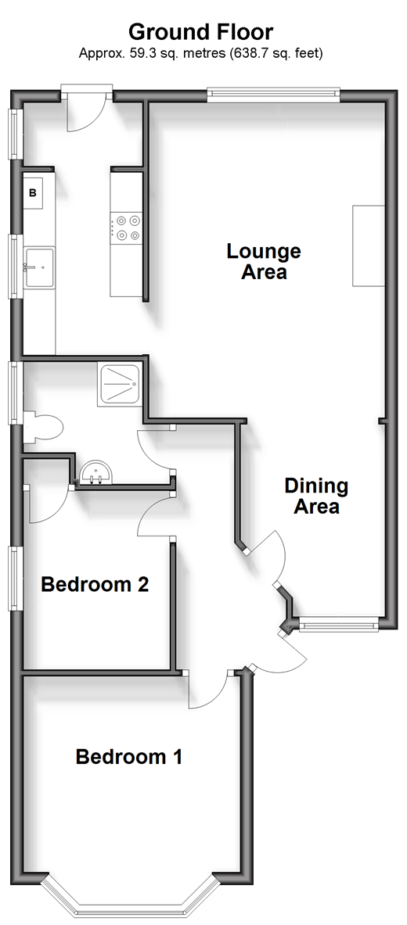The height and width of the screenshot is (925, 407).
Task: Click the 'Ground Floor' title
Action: tap(201, 30)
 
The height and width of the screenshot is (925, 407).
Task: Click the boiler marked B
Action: tap(33, 192)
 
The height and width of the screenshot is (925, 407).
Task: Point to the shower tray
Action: tap(120, 384)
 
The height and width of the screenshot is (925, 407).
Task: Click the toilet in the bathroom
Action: tap(44, 428)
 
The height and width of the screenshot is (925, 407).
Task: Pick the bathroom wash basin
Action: tap(95, 472)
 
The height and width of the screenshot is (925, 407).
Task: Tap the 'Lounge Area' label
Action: tap(264, 261)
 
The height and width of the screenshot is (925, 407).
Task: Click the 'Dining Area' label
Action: tap(316, 497)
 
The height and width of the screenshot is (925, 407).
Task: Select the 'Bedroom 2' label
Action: tap(95, 585)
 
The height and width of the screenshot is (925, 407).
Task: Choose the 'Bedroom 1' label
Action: tap(129, 756)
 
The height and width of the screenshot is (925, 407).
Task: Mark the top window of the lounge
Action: tap(273, 95)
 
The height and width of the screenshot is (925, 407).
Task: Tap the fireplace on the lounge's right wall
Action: tap(369, 246)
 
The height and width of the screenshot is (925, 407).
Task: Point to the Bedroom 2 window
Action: tap(16, 579)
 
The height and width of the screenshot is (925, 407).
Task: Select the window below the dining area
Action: tap(338, 624)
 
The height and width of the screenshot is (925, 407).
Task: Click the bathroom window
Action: tap(16, 393)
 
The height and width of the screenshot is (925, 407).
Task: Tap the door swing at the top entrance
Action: tap(86, 113)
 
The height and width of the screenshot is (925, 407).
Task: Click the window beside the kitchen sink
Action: tap(16, 267)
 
